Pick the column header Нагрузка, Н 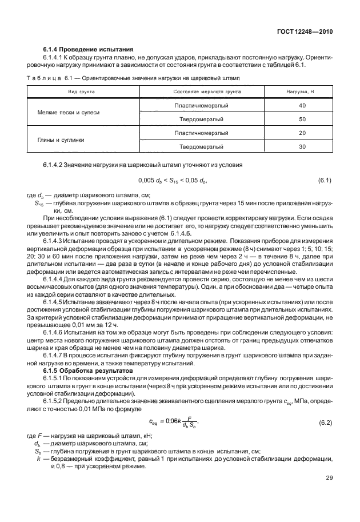click(x=302, y=91)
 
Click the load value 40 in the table click(x=302, y=106)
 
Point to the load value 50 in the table click(x=302, y=119)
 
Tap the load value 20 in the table click(x=302, y=133)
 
